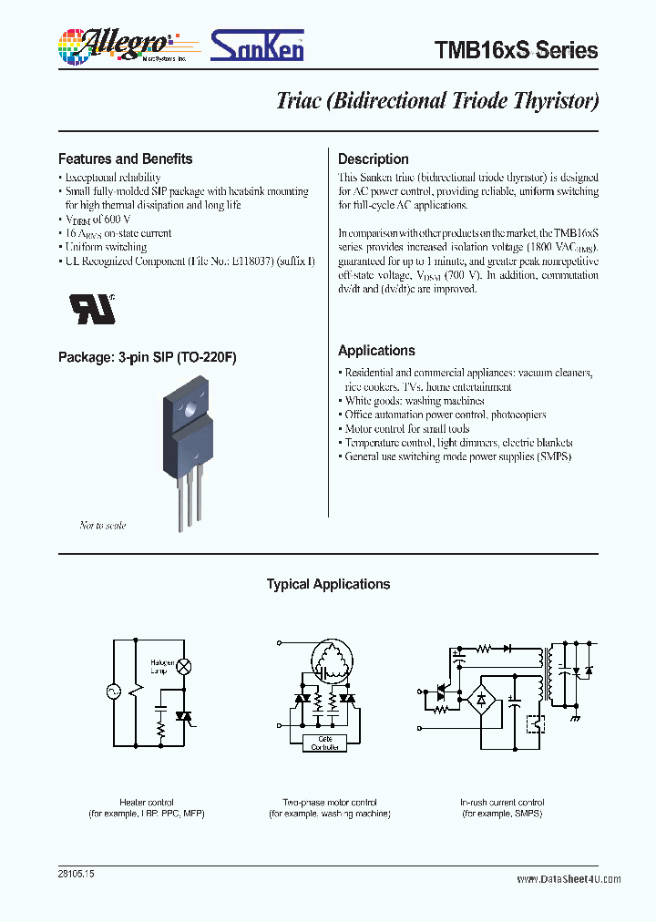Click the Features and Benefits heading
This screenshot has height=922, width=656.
click(125, 159)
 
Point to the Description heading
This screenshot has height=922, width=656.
click(373, 159)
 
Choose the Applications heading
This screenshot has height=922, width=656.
click(376, 351)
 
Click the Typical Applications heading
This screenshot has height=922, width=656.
click(328, 584)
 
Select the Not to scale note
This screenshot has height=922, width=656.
click(102, 526)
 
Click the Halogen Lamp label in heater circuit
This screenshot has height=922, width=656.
click(162, 667)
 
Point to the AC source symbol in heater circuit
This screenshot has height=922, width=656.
click(115, 691)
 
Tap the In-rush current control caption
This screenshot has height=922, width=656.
click(502, 803)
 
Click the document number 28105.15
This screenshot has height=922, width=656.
click(75, 874)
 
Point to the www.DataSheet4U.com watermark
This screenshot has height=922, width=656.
click(569, 879)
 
